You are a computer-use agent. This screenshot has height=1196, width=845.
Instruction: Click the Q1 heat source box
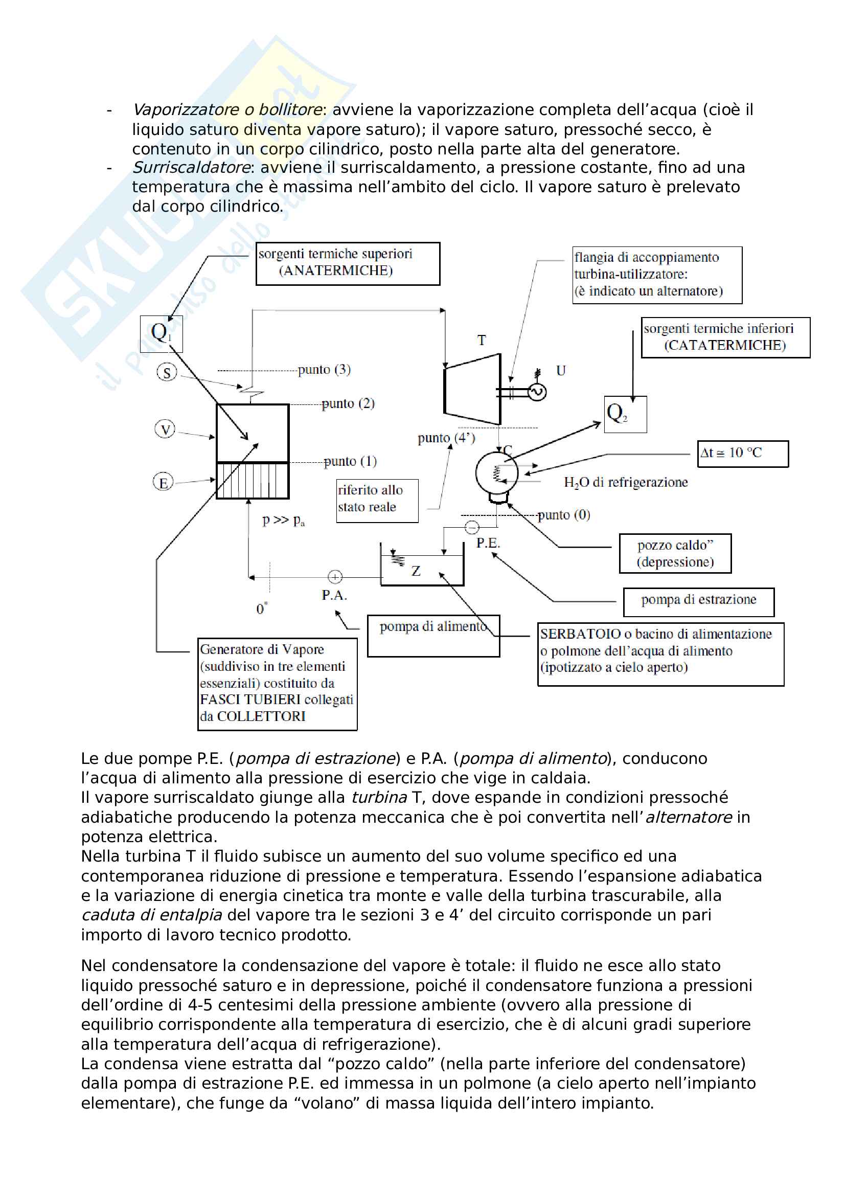(162, 333)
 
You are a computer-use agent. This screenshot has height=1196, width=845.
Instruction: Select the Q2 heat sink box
(625, 414)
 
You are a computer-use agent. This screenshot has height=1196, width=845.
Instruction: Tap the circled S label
(167, 372)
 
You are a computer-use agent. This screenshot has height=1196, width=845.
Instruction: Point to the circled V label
(165, 429)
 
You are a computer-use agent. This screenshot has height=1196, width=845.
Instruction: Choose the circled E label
(163, 482)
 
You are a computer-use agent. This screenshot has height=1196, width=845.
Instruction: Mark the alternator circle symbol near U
(537, 392)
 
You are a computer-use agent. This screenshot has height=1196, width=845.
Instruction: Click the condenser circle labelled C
(496, 473)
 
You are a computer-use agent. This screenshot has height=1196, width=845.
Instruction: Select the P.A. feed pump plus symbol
(335, 577)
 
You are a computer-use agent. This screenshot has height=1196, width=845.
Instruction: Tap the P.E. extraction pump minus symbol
(472, 528)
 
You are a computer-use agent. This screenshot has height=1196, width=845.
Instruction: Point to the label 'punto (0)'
(564, 515)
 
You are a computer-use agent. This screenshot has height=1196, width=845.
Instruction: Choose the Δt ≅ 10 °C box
(742, 453)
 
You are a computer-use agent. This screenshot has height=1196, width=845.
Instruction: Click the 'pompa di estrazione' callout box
(698, 602)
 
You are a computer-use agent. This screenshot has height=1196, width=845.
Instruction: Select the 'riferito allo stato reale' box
(377, 500)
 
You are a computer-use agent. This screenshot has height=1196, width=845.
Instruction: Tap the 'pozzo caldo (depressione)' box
(675, 553)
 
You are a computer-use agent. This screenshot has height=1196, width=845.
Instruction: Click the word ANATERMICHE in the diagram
(336, 271)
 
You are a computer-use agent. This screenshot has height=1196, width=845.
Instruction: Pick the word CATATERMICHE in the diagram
(725, 345)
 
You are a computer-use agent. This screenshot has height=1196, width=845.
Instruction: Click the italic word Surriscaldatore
(192, 168)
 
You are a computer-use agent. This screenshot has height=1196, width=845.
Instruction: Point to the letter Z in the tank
(416, 572)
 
